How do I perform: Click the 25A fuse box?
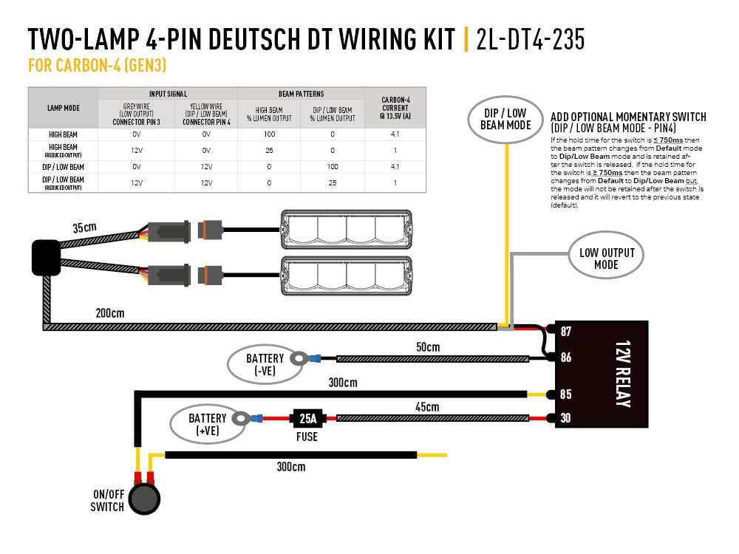[x=307, y=419]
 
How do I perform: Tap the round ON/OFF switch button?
[x=145, y=499]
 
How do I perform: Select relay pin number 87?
[x=565, y=332]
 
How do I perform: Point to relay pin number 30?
[x=565, y=418]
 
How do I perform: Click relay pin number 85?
[x=565, y=394]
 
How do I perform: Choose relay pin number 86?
[x=565, y=358]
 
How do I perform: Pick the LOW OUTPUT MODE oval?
[x=606, y=259]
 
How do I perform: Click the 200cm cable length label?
[x=109, y=313]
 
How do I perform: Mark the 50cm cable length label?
[x=427, y=347]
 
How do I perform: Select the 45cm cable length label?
[x=427, y=407]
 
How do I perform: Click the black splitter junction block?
[x=45, y=257]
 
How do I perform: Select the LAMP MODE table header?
[x=63, y=107]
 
